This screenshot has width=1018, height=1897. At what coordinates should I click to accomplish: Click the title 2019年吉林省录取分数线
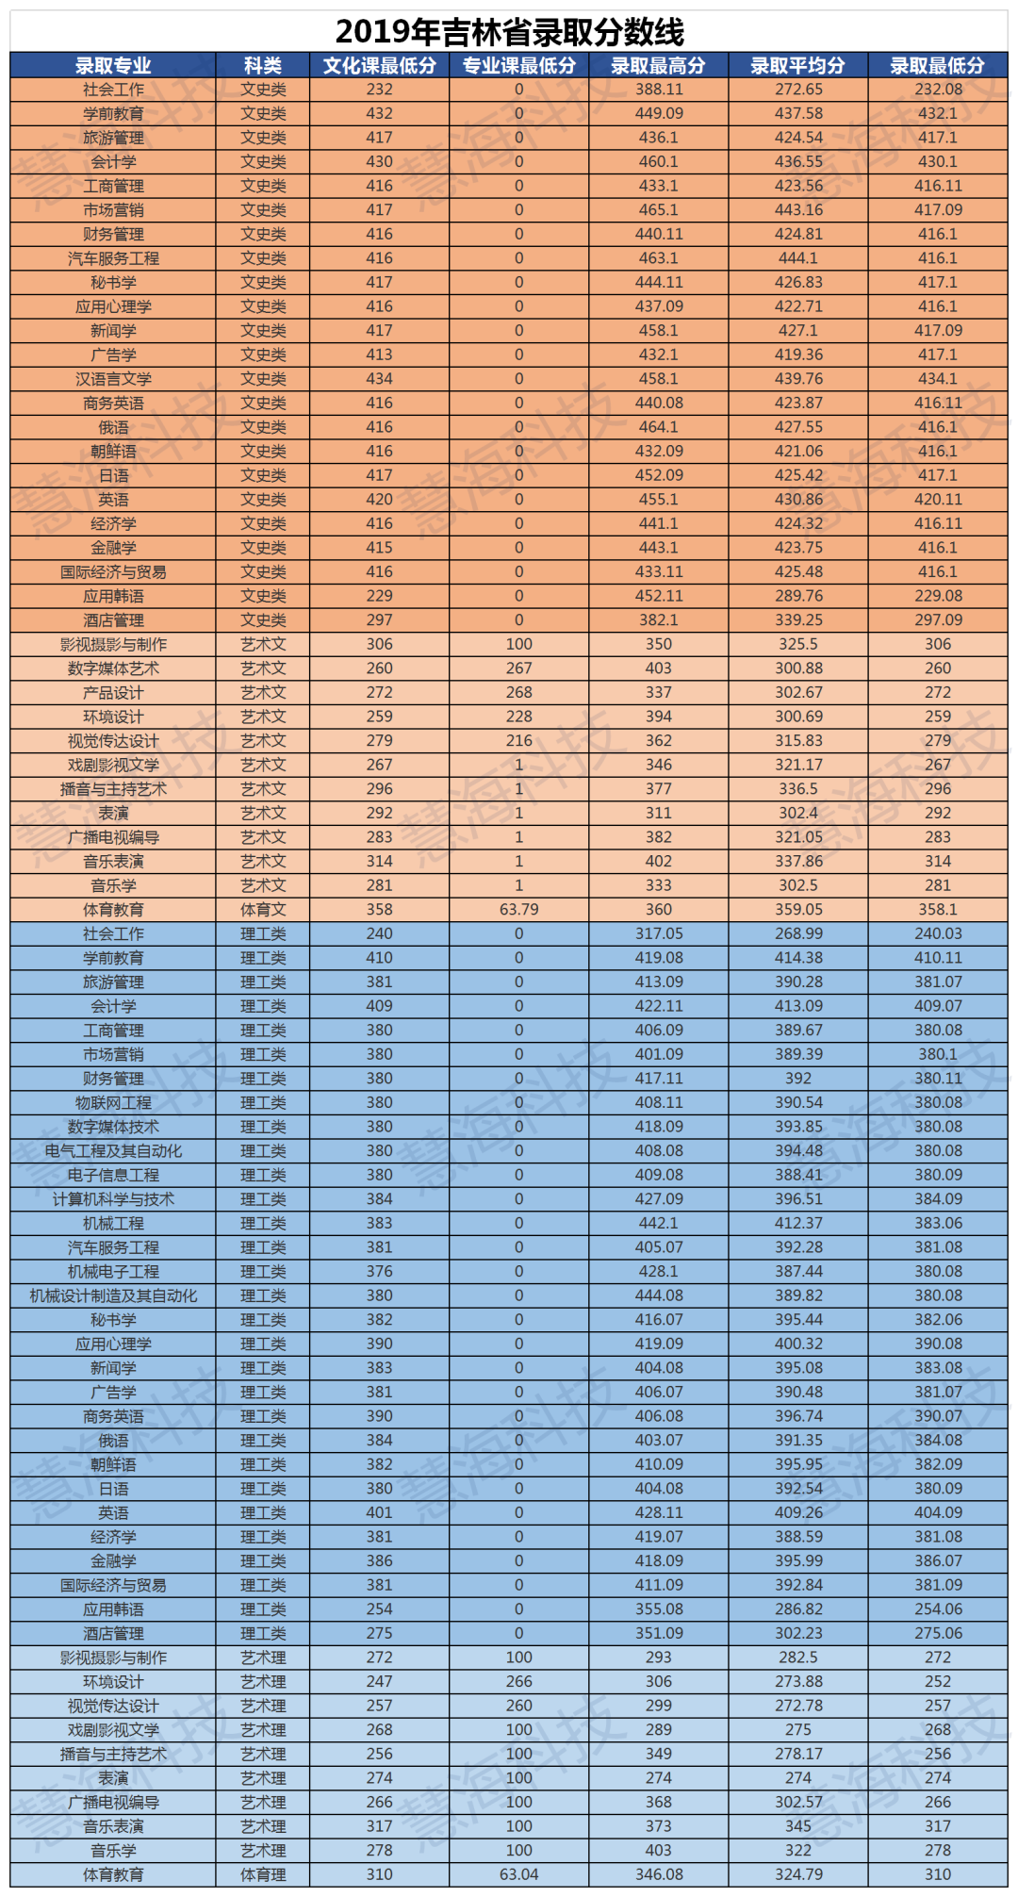509,32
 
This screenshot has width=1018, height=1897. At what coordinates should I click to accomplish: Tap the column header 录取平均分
797,65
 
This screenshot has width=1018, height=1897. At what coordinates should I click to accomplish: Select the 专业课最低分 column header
518,65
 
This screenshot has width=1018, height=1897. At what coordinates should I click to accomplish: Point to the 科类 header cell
263,65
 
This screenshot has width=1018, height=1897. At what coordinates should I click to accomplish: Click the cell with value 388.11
659,90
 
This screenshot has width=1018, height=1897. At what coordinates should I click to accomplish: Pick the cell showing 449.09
659,113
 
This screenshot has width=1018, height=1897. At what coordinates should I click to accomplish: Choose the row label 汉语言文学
113,379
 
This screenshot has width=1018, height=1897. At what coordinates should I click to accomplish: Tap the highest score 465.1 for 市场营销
659,210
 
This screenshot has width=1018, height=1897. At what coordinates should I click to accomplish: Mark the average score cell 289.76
798,596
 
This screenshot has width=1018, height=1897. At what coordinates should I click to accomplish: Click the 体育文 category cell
263,910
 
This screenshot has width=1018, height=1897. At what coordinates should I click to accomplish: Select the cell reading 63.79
518,910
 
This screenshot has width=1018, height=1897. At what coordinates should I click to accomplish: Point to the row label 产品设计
113,693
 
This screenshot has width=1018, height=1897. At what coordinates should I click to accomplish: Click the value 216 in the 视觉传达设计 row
518,741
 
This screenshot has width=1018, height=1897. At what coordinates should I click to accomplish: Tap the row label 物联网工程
113,1103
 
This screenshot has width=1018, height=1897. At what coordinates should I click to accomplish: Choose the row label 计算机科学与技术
113,1199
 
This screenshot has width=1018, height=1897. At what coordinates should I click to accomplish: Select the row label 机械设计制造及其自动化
113,1295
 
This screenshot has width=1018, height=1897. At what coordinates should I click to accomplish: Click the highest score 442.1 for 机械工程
659,1223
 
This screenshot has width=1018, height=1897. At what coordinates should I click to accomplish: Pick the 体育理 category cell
263,1874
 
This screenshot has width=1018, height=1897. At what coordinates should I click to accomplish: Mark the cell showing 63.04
518,1874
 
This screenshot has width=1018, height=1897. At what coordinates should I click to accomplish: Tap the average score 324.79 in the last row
798,1874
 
